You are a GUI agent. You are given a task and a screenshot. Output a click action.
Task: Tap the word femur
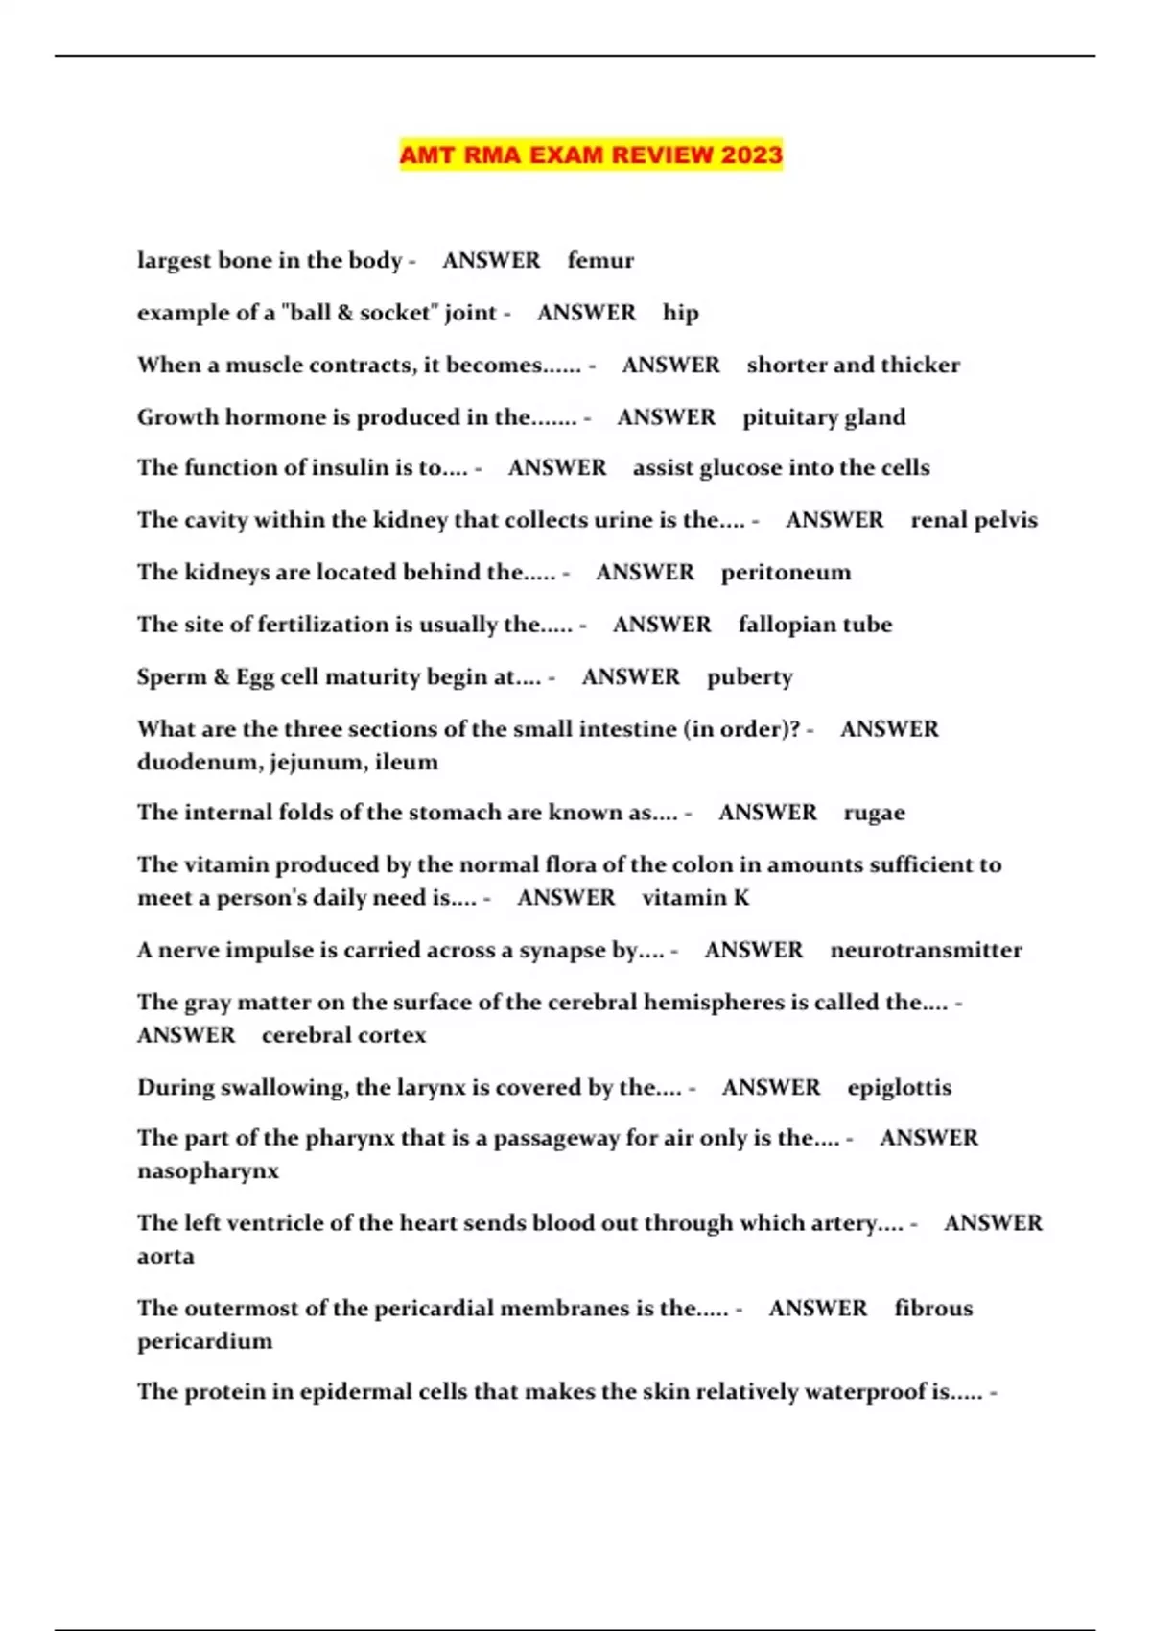(x=600, y=261)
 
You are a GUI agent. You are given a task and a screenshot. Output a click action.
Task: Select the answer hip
(x=680, y=313)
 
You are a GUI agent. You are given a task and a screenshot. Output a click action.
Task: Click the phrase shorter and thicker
(x=853, y=365)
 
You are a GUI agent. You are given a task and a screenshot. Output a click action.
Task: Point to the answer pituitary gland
(x=824, y=417)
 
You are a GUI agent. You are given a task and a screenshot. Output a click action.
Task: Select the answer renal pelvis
(x=974, y=520)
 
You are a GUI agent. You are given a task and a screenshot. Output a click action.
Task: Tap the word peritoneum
(x=786, y=573)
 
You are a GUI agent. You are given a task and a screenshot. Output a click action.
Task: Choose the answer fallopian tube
(x=815, y=625)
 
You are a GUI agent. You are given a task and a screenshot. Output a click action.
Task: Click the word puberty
(x=750, y=677)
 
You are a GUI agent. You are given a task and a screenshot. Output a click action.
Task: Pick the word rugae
(x=874, y=813)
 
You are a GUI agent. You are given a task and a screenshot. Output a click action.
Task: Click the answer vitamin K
(x=695, y=898)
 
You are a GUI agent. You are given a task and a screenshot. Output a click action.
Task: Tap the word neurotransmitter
(x=926, y=950)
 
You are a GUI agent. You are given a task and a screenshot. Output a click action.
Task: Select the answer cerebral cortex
(x=343, y=1035)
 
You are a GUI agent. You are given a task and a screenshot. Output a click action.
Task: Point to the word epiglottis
(x=899, y=1088)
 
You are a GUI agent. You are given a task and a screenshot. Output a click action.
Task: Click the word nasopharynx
(x=208, y=1171)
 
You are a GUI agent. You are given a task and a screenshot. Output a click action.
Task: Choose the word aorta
(x=166, y=1256)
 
